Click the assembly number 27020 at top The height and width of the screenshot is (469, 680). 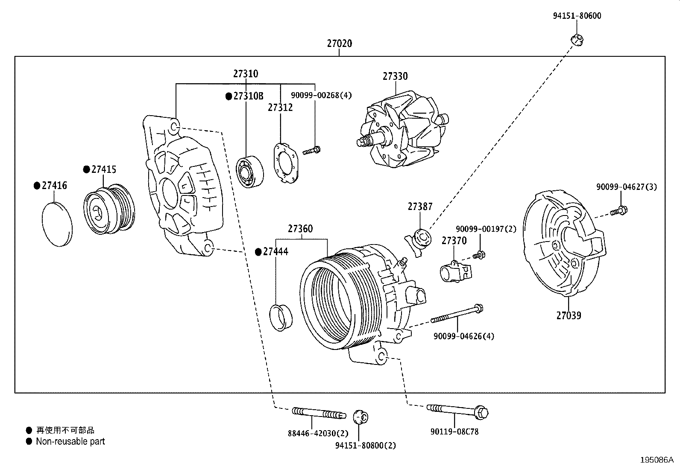[x=340, y=44]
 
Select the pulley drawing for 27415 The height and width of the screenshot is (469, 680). [x=109, y=210]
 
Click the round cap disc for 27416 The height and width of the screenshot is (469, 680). [x=57, y=224]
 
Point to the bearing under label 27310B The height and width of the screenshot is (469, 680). [x=250, y=172]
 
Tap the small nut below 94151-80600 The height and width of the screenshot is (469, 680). [x=577, y=40]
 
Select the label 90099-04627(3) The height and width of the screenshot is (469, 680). [x=627, y=187]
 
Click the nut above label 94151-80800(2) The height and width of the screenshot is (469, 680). [x=361, y=416]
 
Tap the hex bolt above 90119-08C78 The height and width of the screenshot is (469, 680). [x=457, y=411]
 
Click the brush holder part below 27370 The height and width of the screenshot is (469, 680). [x=455, y=271]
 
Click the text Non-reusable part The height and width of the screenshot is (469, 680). [x=70, y=442]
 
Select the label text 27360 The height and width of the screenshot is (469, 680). [x=300, y=229]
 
